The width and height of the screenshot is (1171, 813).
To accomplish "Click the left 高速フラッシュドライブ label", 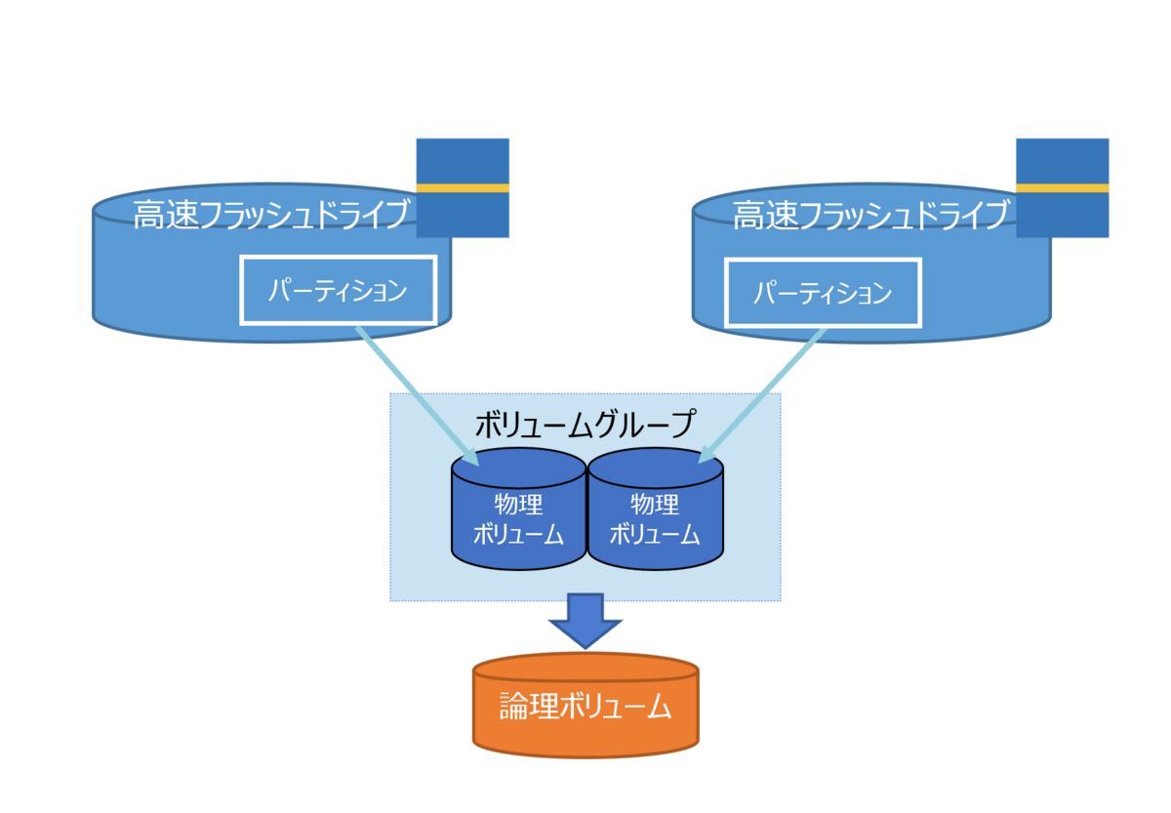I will [x=270, y=215].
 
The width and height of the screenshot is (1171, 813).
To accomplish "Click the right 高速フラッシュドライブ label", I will [x=869, y=215].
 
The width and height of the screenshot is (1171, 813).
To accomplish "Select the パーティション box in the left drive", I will [x=338, y=291].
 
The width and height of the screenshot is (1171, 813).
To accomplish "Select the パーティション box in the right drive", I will [x=823, y=292].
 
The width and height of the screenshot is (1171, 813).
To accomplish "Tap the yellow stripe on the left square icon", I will [x=463, y=187].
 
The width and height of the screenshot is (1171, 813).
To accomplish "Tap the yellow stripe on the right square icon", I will [x=1062, y=187].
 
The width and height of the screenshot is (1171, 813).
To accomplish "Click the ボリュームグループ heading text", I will [x=585, y=425].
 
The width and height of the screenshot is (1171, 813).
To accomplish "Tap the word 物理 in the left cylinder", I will [x=518, y=505].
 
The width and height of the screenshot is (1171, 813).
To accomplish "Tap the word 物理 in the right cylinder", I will [x=655, y=505].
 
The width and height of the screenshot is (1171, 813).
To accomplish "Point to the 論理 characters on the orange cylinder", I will [x=527, y=707].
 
